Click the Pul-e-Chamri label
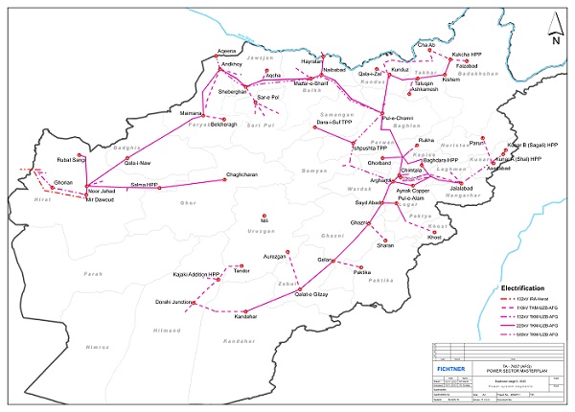(397, 118)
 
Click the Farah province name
(93, 274)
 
